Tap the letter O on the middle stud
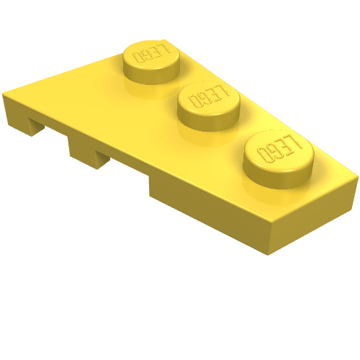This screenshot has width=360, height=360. point(194,102)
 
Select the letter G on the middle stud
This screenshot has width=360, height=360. point(203,99)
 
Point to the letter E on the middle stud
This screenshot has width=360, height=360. point(213,94)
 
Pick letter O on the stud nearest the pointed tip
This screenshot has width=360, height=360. point(138,57)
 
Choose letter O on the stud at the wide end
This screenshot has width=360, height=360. point(263,154)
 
